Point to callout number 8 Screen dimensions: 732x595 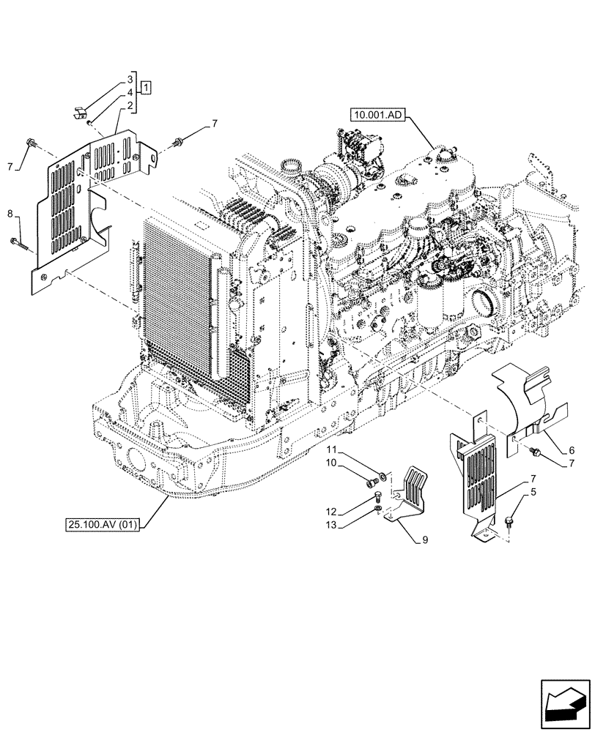click(9, 214)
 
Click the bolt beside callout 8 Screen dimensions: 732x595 click(17, 242)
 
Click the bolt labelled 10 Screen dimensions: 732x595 click(369, 481)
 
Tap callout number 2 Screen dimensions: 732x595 click(130, 106)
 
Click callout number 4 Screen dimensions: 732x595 click(130, 92)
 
